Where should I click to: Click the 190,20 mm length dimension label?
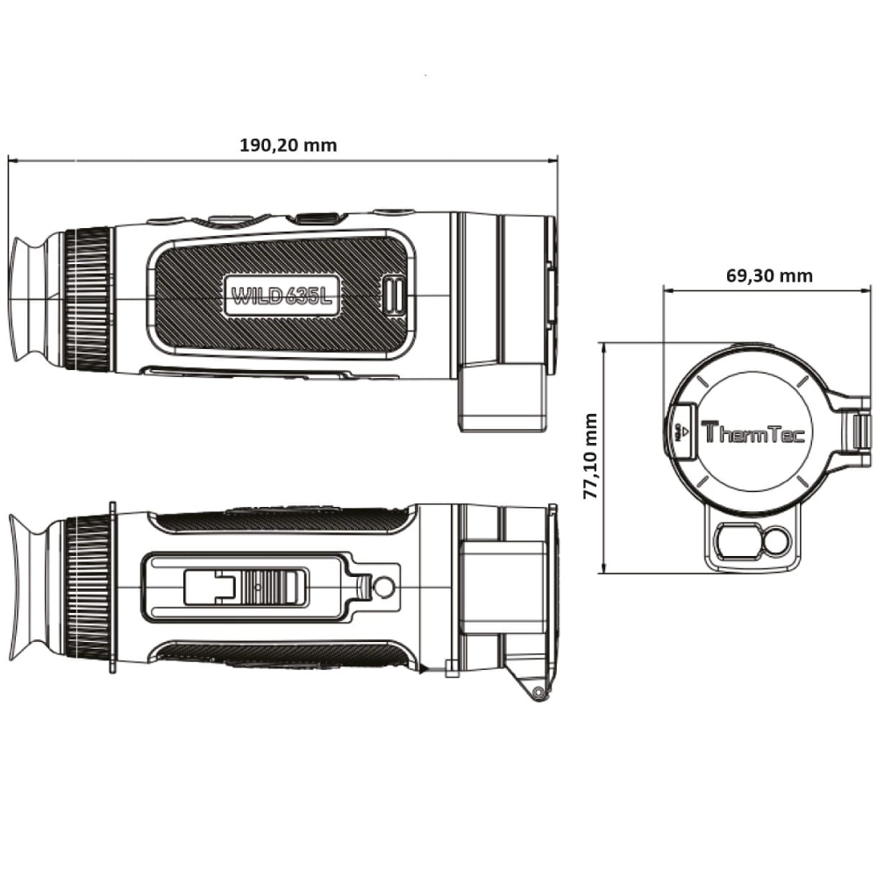[x=288, y=146]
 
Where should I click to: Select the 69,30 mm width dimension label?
[x=769, y=275]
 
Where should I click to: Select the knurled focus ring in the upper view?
[x=89, y=299]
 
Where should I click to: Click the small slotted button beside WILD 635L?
[x=393, y=295]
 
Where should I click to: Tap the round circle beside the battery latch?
[x=383, y=587]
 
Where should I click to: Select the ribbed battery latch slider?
[x=275, y=586]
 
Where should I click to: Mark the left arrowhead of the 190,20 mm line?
[x=11, y=160]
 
